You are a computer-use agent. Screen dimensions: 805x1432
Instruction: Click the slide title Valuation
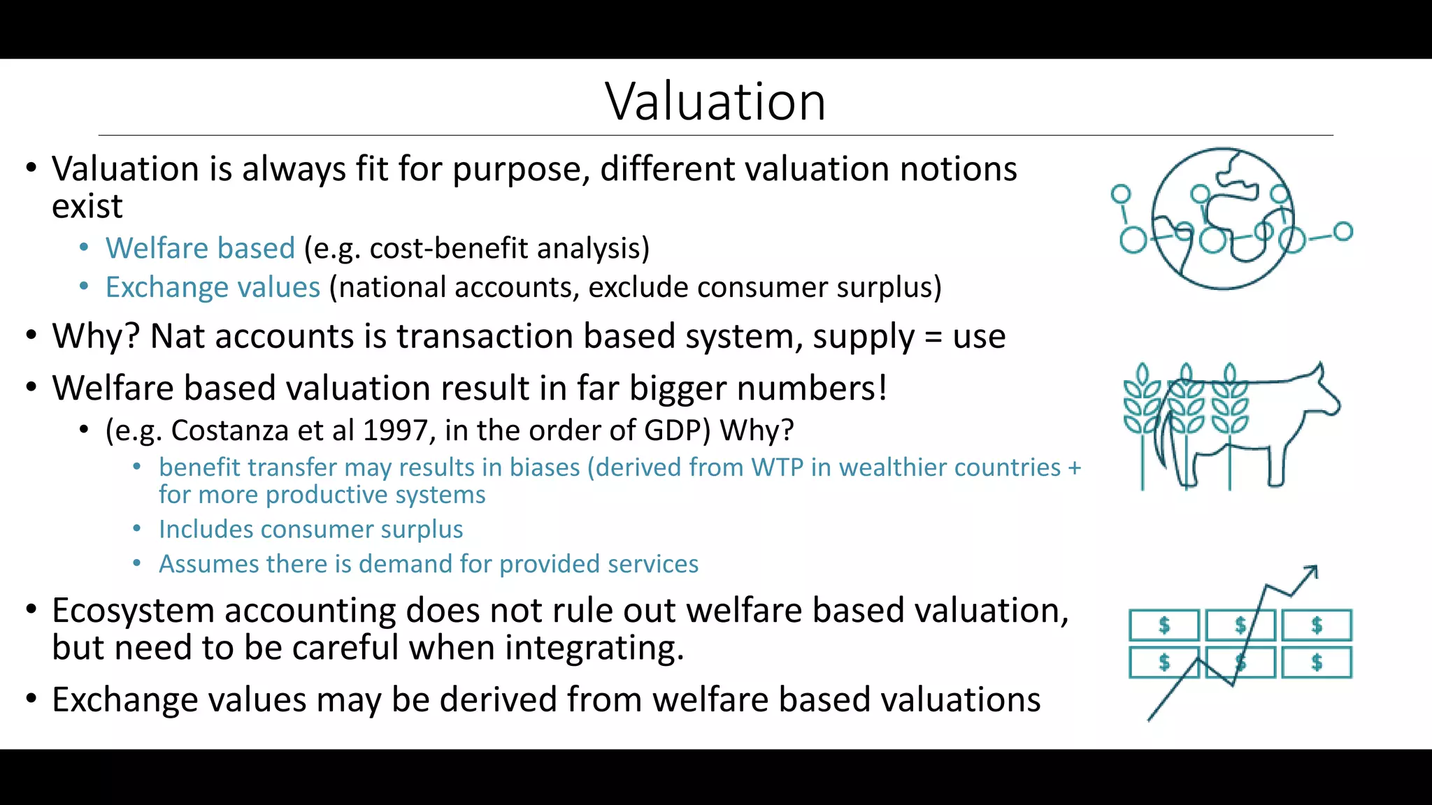(715, 102)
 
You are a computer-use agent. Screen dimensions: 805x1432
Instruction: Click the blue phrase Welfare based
(200, 249)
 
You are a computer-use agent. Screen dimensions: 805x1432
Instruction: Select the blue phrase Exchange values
(213, 287)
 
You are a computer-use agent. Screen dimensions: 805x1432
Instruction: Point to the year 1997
(395, 430)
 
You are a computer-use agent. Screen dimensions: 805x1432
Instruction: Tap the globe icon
(1222, 219)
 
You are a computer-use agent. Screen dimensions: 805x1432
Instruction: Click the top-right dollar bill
(1317, 625)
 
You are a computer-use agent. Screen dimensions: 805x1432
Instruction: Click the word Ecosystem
(133, 611)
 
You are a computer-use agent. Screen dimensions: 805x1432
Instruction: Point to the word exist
(87, 206)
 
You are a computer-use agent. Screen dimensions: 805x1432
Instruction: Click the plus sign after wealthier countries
(1075, 467)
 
